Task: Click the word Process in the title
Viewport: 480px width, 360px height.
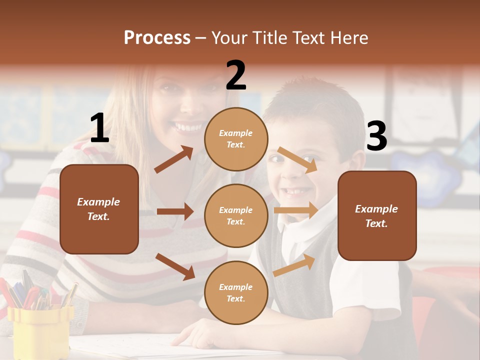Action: [157, 37]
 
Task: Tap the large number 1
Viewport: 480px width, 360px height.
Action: [99, 128]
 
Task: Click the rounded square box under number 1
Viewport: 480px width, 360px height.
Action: [99, 209]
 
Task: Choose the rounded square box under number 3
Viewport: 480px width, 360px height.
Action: [377, 215]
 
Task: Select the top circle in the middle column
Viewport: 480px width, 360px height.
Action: [236, 138]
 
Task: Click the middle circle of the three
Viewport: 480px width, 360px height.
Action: [236, 215]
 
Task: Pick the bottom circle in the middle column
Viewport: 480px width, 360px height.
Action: [236, 292]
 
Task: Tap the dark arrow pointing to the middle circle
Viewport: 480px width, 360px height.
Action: [175, 211]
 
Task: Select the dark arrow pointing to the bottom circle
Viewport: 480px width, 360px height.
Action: [175, 266]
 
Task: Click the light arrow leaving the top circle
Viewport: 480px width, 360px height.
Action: [297, 159]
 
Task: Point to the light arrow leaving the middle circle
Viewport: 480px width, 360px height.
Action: [295, 210]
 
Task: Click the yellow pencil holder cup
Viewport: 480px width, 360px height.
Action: [40, 325]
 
